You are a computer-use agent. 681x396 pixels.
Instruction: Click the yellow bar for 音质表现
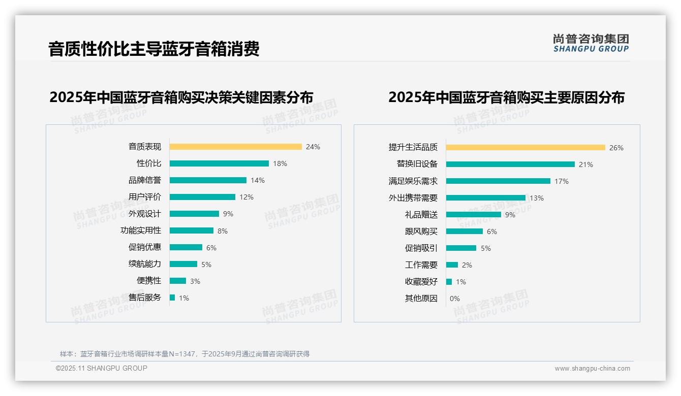235,147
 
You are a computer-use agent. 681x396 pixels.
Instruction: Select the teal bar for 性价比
219,163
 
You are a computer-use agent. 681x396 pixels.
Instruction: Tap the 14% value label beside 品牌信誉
258,180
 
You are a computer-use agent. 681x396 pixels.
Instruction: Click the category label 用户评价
144,197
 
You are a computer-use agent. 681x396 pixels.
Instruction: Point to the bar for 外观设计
194,214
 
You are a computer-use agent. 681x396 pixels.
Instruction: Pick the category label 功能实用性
140,230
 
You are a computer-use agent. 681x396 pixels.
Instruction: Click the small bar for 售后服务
172,298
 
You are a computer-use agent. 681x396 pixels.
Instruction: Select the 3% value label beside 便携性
195,281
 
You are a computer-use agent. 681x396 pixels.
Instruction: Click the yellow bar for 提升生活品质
525,148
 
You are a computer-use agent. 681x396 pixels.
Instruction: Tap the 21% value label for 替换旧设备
586,164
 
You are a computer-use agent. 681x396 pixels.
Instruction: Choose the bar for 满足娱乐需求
498,181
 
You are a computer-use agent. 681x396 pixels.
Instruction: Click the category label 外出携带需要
413,198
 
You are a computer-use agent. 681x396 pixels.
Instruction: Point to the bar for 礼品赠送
473,215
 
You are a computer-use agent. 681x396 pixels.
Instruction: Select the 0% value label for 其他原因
454,299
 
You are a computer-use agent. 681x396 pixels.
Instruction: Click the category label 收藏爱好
421,282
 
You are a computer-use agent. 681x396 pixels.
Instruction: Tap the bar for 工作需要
452,265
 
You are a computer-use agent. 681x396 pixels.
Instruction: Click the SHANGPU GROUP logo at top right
591,43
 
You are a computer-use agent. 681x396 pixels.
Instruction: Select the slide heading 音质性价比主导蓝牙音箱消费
154,49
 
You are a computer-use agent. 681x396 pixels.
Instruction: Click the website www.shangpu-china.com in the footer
592,369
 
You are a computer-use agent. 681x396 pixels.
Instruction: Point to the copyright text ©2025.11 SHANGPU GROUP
102,368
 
